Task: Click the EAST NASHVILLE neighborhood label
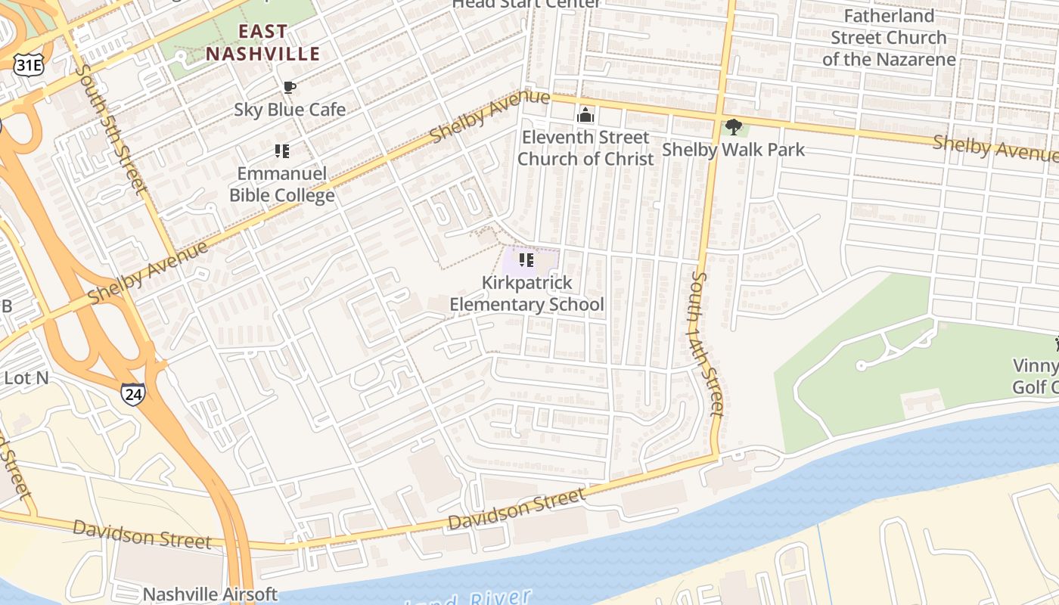pyautogui.click(x=263, y=42)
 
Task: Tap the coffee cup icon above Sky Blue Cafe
pyautogui.click(x=289, y=88)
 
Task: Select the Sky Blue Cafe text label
pyautogui.click(x=289, y=110)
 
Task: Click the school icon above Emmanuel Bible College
pyautogui.click(x=282, y=151)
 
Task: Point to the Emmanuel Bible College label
pyautogui.click(x=282, y=185)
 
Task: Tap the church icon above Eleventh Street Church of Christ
pyautogui.click(x=585, y=116)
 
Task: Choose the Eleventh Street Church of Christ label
pyautogui.click(x=585, y=147)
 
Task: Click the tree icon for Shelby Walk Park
pyautogui.click(x=732, y=127)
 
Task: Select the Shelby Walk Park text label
pyautogui.click(x=733, y=150)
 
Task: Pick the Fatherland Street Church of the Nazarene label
pyautogui.click(x=889, y=37)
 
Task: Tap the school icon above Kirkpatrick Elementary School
pyautogui.click(x=526, y=261)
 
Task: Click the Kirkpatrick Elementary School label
pyautogui.click(x=526, y=293)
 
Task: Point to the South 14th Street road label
pyautogui.click(x=707, y=344)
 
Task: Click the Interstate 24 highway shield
pyautogui.click(x=132, y=393)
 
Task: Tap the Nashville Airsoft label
pyautogui.click(x=210, y=594)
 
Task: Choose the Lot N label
pyautogui.click(x=26, y=377)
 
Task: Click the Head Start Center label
pyautogui.click(x=526, y=4)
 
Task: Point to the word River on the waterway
pyautogui.click(x=499, y=598)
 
